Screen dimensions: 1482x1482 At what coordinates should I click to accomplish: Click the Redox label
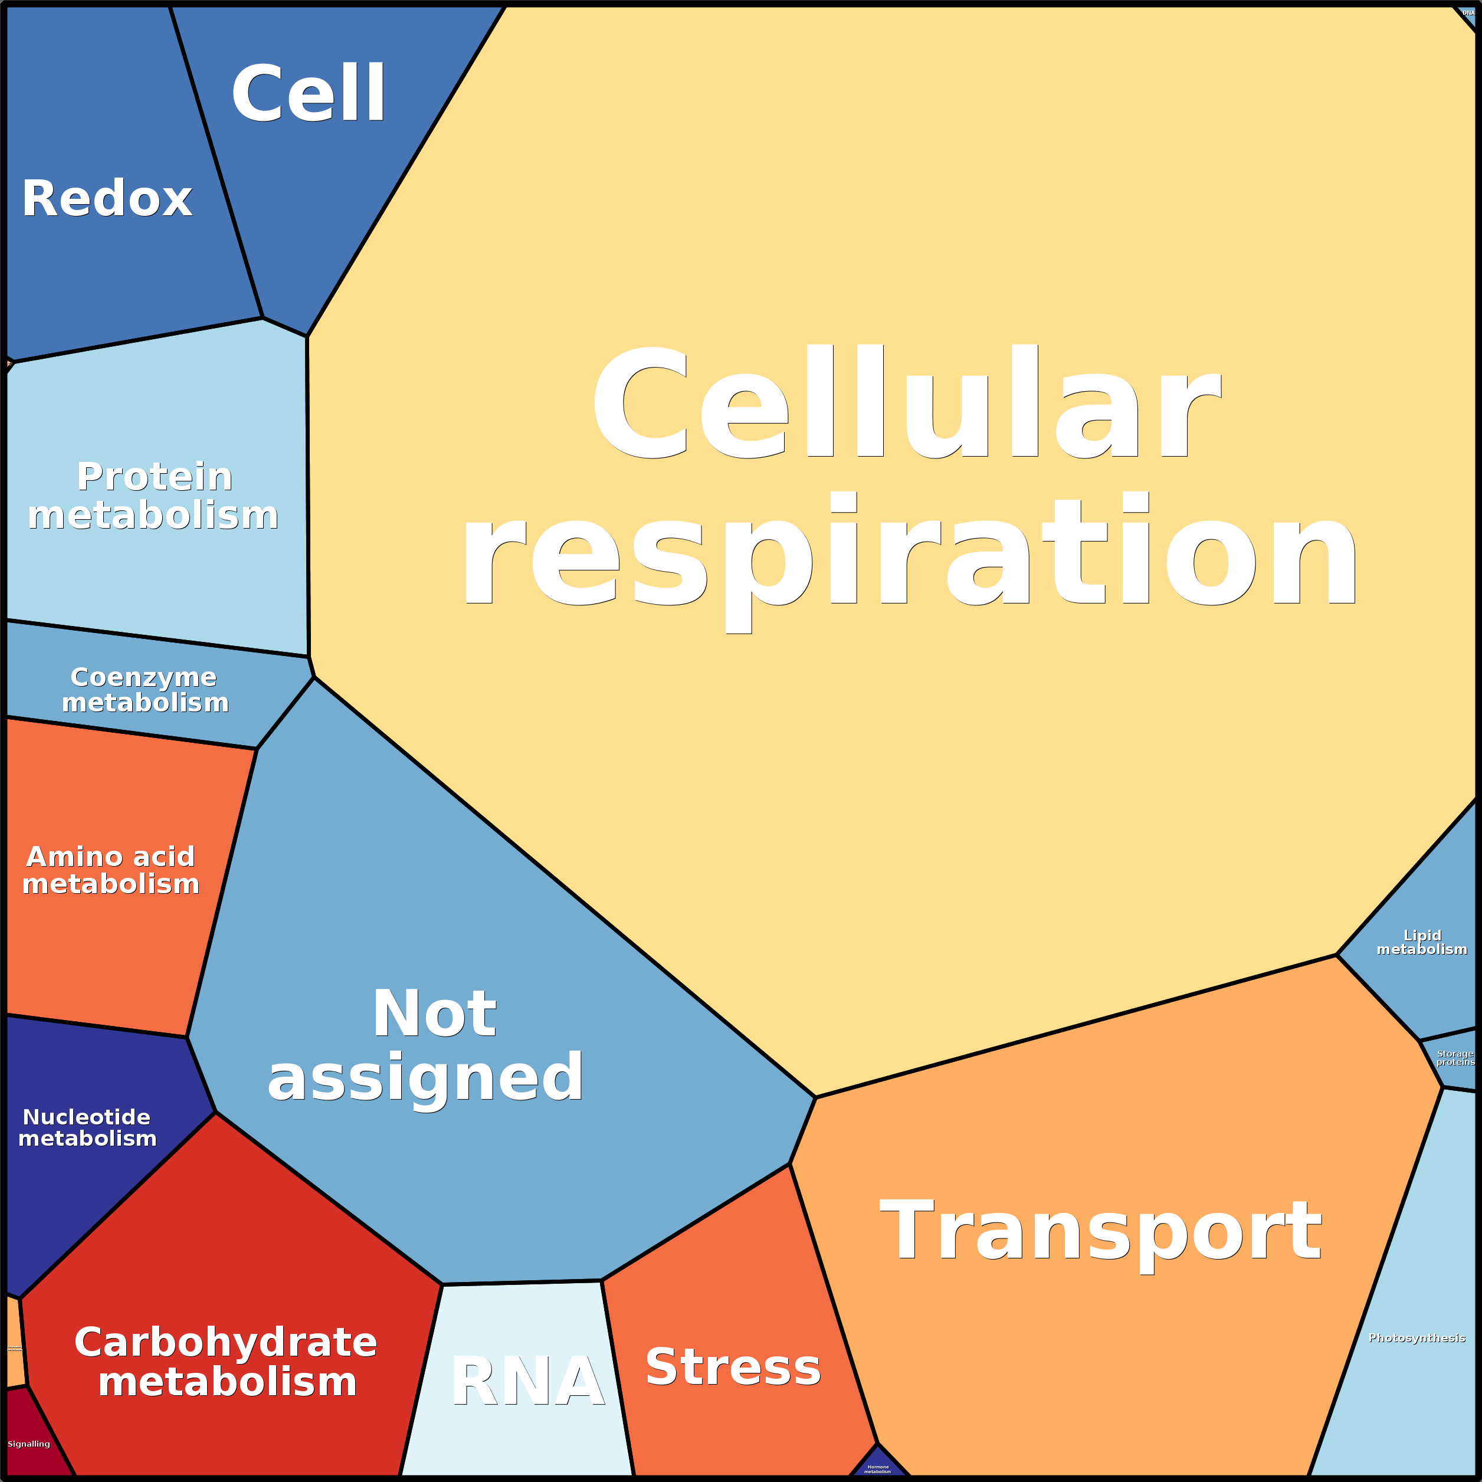tap(107, 199)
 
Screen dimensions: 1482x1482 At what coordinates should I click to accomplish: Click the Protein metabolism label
tap(153, 496)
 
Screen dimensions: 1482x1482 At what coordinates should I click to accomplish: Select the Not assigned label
tap(427, 1045)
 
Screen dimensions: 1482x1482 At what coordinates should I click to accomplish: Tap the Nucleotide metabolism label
tap(87, 1127)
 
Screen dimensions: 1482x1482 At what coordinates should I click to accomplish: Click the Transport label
tap(1101, 1232)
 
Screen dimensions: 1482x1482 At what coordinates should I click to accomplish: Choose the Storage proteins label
tap(1455, 1058)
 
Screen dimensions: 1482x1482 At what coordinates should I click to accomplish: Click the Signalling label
tap(29, 1444)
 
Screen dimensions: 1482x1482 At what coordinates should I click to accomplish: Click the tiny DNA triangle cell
tap(1467, 13)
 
